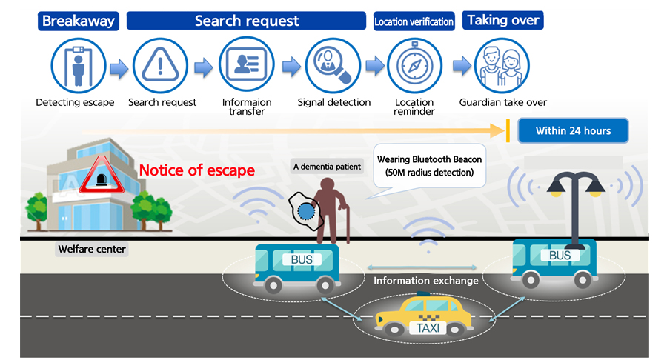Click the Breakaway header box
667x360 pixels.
pos(78,20)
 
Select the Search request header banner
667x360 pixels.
pos(246,20)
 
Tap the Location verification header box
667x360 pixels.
pos(414,21)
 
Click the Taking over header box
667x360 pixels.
pos(503,20)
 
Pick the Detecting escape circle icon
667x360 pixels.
pos(76,66)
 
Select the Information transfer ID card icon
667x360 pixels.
pos(246,66)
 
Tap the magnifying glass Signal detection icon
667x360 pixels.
pos(332,66)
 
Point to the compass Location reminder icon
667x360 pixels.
pos(414,66)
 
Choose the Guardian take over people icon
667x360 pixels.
pos(502,66)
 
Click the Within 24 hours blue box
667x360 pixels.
pos(573,131)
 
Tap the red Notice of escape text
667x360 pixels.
pos(197,170)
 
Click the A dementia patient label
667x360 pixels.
pos(327,167)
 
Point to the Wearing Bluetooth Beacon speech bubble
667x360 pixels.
pos(430,165)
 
